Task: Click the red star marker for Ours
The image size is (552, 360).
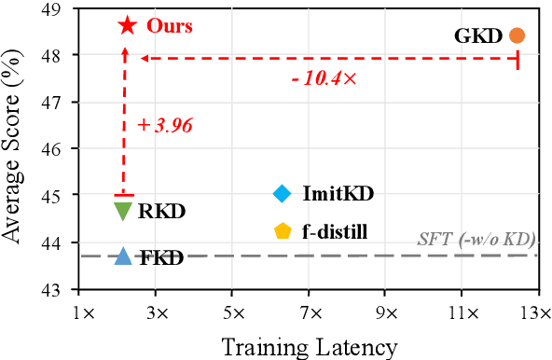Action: pos(127,25)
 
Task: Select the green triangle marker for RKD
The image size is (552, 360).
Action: pos(122,211)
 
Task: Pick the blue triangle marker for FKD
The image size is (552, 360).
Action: pos(122,256)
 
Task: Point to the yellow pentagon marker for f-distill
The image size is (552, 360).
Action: pos(283,230)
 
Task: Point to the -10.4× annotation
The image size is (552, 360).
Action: pos(324,78)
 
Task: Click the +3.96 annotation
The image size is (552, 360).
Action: pos(164,125)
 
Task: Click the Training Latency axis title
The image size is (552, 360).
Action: pos(309,346)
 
